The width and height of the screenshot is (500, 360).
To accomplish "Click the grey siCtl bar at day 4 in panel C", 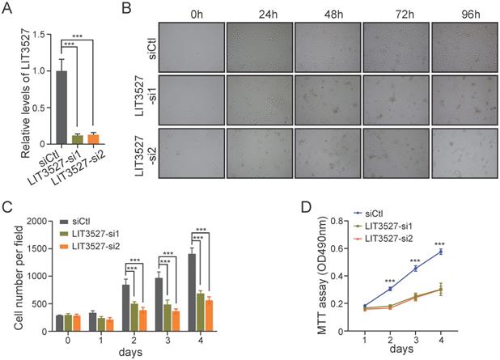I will [x=192, y=287].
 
